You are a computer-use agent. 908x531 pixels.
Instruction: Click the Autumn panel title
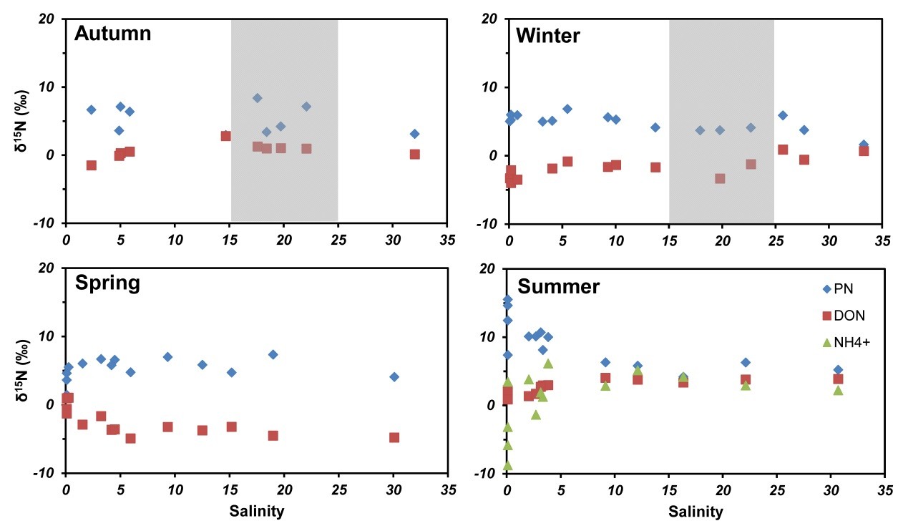coord(112,34)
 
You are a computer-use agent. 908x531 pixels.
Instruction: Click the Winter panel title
coord(547,34)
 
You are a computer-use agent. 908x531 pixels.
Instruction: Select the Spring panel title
coord(107,283)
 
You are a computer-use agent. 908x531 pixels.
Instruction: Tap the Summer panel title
coord(558,287)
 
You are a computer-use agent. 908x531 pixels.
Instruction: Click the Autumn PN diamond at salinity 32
coord(414,134)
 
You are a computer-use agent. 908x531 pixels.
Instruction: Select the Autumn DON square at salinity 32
coord(414,154)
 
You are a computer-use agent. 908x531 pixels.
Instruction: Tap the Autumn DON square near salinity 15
coord(225,136)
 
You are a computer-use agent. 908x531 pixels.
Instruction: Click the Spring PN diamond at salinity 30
coord(394,376)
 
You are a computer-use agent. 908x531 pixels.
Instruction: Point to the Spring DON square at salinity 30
coord(394,437)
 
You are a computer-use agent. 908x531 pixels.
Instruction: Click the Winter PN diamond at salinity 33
coord(864,145)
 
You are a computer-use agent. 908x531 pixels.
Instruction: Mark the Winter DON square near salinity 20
coord(720,178)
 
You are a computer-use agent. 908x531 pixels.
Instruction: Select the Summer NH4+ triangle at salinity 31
coord(838,390)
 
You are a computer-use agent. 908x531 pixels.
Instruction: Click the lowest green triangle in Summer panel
coord(507,465)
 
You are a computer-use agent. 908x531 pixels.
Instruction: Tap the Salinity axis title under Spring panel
coord(256,512)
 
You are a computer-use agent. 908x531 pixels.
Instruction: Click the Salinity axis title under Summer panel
coord(695,512)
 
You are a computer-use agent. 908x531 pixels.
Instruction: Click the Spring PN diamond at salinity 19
coord(273,354)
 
